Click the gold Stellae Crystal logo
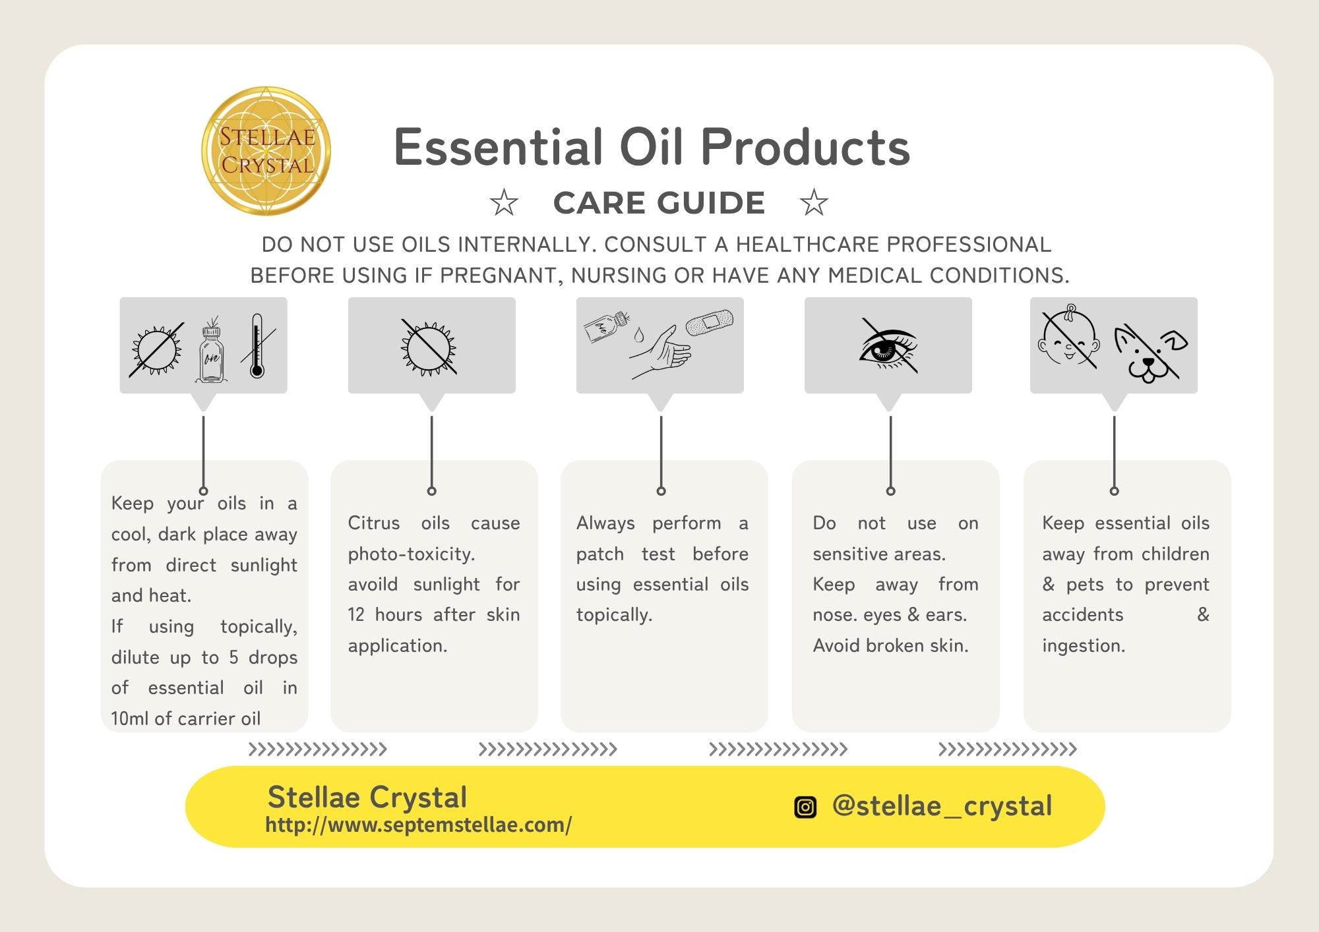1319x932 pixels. pos(266,151)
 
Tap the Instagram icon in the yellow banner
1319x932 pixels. pos(805,807)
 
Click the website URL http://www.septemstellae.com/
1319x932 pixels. pos(418,825)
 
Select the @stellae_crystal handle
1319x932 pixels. pos(942,805)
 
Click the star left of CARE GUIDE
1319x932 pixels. pos(504,203)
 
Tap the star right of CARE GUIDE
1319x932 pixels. pos(814,203)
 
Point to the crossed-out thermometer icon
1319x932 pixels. pos(257,345)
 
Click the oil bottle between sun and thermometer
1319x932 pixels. pos(210,349)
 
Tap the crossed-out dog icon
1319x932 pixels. pos(1150,353)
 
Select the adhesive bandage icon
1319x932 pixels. pos(710,321)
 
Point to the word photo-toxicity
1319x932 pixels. pos(412,554)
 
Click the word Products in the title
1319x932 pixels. pos(805,147)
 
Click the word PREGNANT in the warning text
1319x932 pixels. pos(501,276)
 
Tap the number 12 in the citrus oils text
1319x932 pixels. pos(356,614)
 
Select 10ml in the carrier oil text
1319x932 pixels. pos(130,718)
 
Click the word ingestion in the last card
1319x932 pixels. pos(1084,646)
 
